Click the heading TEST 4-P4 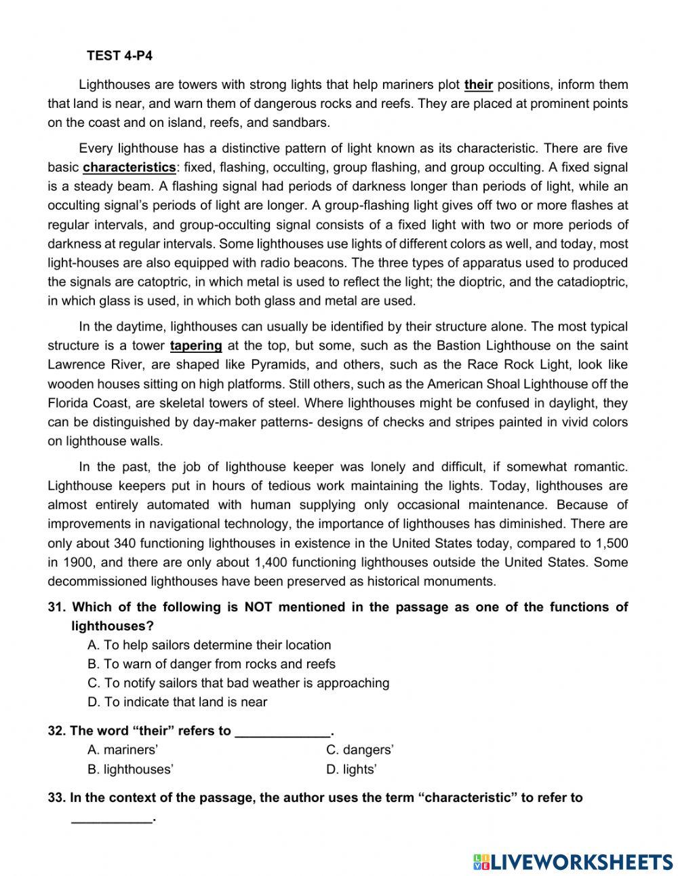(x=119, y=56)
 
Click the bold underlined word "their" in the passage (x=479, y=85)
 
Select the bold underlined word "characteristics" (x=129, y=168)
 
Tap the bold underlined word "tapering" (x=196, y=345)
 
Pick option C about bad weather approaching (x=238, y=683)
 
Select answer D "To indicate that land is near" (x=177, y=702)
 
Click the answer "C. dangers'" (x=360, y=750)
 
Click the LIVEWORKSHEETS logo (x=573, y=862)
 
